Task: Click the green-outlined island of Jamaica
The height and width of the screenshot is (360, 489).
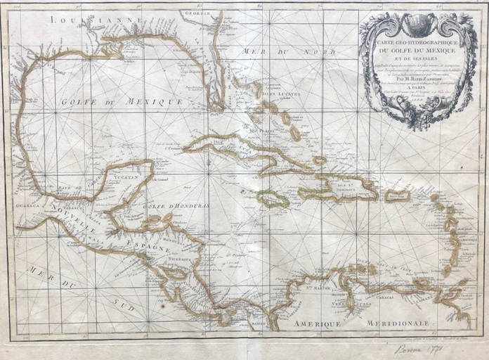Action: (x=273, y=199)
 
